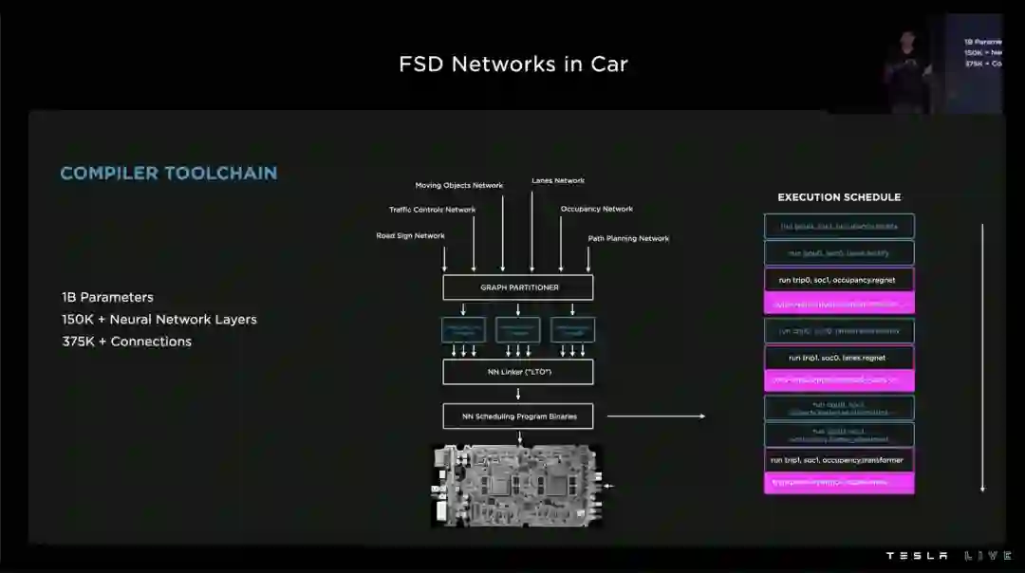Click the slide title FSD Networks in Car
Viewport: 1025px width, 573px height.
coord(513,65)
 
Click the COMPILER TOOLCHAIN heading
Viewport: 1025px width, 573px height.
coord(169,173)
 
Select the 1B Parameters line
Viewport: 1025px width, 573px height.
coord(107,297)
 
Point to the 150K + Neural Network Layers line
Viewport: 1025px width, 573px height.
coord(159,320)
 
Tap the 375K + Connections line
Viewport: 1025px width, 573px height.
coord(127,342)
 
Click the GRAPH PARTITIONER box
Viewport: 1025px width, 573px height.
coord(517,287)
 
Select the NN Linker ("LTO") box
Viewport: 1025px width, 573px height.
coord(517,372)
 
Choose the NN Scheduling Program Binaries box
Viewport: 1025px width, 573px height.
coord(517,416)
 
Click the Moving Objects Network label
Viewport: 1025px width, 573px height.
coord(459,185)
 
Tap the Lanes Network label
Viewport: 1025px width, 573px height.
coord(558,180)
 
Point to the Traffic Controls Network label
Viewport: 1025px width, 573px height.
coord(432,210)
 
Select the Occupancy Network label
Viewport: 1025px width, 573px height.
coord(596,209)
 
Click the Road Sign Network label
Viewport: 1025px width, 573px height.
coord(410,235)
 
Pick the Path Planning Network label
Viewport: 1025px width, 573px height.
coord(628,238)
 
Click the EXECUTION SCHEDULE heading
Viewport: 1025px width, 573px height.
coord(839,197)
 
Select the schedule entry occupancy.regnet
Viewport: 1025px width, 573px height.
coord(839,280)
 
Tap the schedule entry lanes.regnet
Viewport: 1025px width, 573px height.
coord(839,358)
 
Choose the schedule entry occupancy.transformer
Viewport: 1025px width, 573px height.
coord(839,460)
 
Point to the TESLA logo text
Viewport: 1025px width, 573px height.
coord(917,556)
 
